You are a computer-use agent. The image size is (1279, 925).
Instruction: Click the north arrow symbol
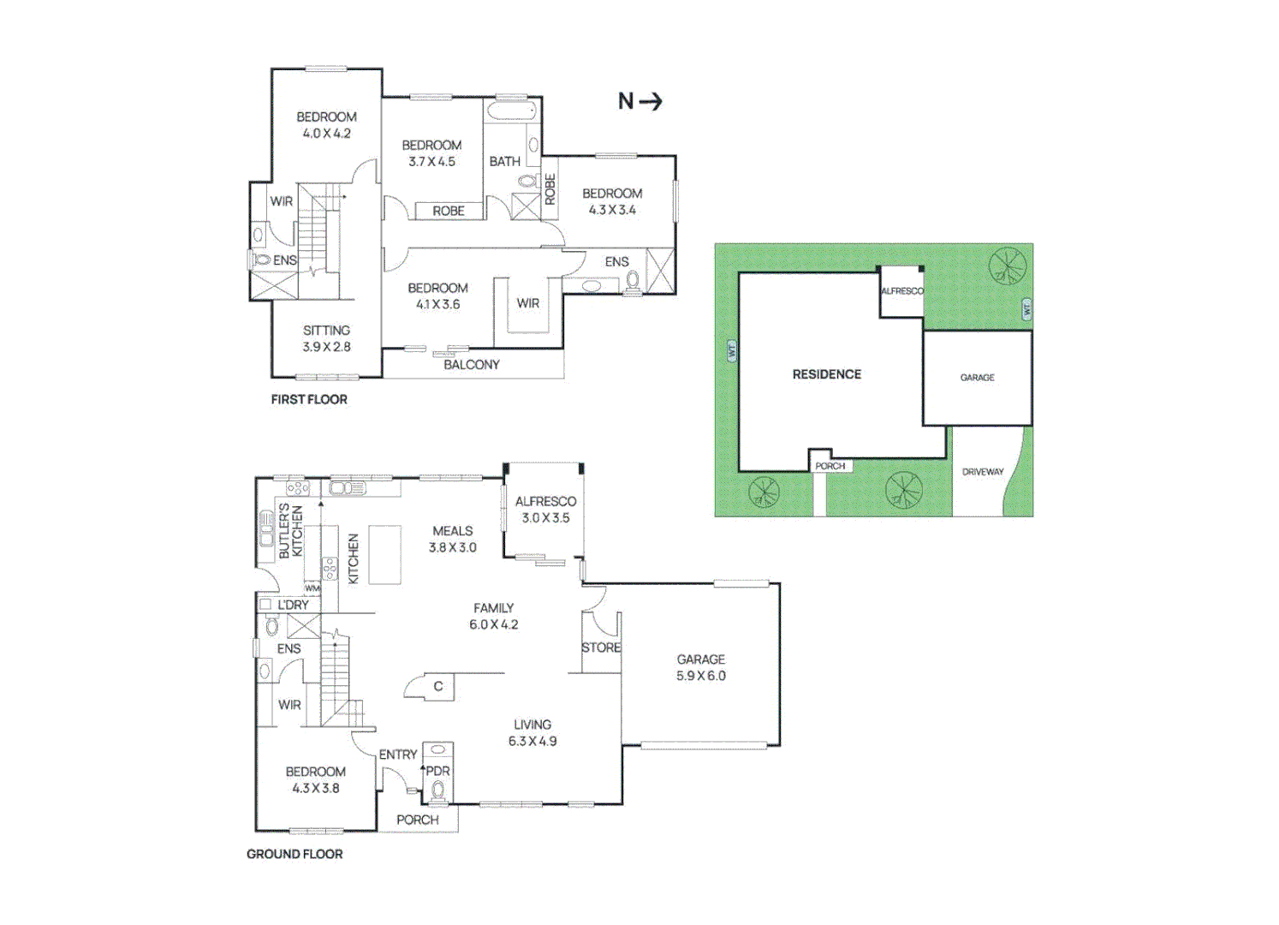coord(640,102)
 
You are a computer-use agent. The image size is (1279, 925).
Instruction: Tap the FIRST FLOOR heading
coord(309,399)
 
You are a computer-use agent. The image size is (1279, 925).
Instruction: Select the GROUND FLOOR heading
coord(294,854)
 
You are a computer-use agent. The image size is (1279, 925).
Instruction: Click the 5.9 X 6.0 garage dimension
coord(700,676)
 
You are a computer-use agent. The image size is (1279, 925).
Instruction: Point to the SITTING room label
coord(326,331)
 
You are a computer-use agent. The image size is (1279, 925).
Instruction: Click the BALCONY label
coord(471,365)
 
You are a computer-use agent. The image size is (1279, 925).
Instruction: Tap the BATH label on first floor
coord(504,161)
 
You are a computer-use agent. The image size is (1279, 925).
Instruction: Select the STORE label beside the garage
coord(601,647)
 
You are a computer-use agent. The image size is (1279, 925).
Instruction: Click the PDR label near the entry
coord(437,771)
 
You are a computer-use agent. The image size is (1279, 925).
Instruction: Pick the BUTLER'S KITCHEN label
coord(291,532)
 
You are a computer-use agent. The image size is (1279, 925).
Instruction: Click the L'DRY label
coord(293,605)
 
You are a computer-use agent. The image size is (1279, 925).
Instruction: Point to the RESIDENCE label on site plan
coord(826,374)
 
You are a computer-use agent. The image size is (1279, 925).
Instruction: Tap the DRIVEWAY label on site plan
coord(982,472)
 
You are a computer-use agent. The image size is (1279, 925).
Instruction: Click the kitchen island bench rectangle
coord(384,555)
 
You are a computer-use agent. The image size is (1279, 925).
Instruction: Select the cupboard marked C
coord(438,686)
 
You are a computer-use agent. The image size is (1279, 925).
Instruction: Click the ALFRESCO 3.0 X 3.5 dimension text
coord(545,518)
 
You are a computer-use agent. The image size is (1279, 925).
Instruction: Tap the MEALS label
coord(453,531)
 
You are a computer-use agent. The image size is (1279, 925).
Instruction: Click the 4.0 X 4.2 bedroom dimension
coord(326,134)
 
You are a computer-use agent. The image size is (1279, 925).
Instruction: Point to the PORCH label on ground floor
coord(417,820)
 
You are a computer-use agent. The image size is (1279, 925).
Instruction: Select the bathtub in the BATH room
coord(511,110)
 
